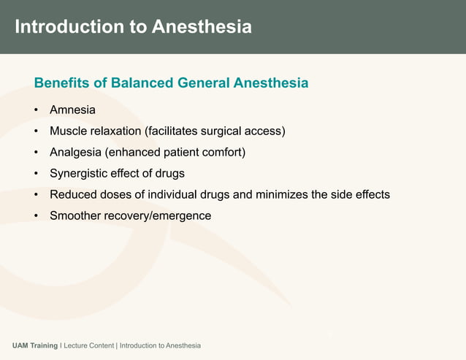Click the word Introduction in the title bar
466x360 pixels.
pos(69,26)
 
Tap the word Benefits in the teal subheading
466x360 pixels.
pos(62,83)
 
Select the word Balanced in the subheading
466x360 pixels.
pos(142,83)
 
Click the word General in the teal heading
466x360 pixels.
pos(204,83)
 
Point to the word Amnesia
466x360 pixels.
pos(72,110)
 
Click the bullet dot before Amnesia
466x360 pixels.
pos(36,110)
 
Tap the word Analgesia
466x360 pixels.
pos(75,153)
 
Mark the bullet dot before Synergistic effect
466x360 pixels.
pos(36,174)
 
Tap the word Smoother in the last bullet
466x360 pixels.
pos(75,215)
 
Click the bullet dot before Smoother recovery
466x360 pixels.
pos(36,215)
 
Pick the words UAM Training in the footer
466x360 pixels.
pos(35,345)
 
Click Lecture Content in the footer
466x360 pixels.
pos(89,345)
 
